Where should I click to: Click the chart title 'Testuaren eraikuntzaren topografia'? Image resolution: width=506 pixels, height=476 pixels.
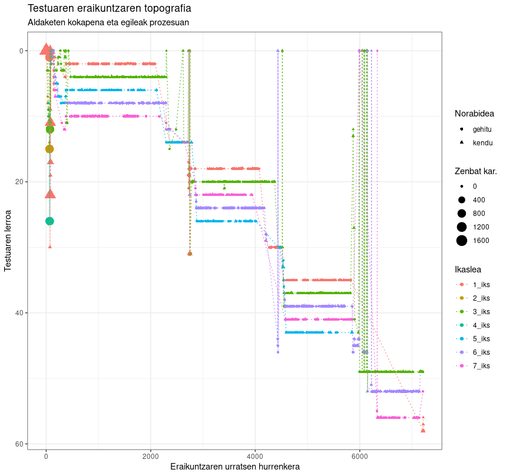(x=110, y=9)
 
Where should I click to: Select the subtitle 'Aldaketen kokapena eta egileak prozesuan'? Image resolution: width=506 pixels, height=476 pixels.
(x=108, y=22)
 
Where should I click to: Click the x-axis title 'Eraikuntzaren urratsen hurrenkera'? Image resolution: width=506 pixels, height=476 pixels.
(x=235, y=467)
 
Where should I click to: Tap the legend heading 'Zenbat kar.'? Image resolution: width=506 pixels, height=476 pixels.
(x=475, y=172)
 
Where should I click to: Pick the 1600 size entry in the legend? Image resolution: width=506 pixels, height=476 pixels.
(x=481, y=240)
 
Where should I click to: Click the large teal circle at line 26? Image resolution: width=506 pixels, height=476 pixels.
(x=49, y=221)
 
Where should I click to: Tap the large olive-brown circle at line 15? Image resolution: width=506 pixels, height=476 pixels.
(x=49, y=149)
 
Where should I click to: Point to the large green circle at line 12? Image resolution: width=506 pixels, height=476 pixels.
(x=50, y=129)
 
